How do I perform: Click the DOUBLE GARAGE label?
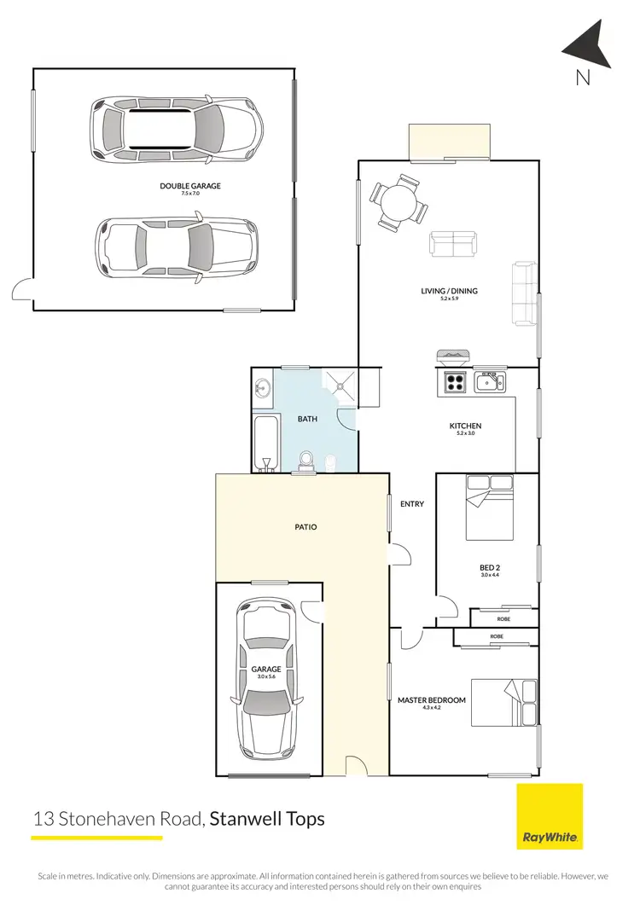[190, 186]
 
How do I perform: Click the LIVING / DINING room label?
[449, 291]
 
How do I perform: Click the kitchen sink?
[489, 383]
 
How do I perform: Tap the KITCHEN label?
[466, 426]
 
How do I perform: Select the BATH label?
[307, 420]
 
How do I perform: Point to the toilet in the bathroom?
[330, 461]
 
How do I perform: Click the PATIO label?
[305, 527]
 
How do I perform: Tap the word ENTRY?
[412, 504]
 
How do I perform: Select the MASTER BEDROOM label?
[432, 700]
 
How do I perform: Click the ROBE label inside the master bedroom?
[496, 636]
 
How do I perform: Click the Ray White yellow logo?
[550, 817]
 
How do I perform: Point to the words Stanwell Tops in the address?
[268, 819]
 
